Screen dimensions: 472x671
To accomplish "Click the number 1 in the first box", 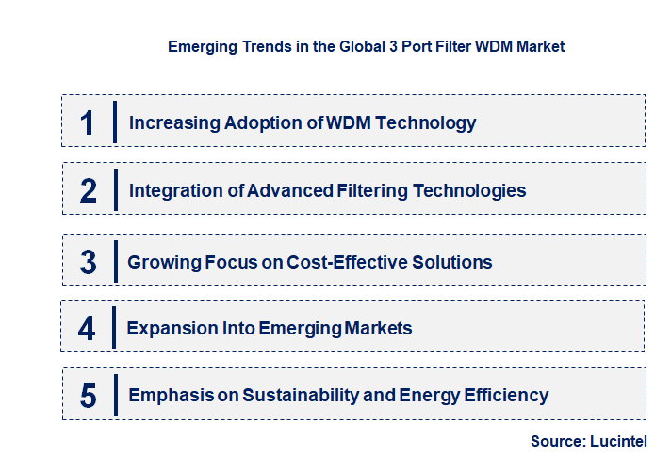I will [x=87, y=122].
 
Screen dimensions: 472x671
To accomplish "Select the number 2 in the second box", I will [x=88, y=190].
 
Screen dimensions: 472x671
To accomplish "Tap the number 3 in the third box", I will [x=88, y=262].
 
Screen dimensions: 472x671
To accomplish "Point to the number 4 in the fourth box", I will [x=87, y=329].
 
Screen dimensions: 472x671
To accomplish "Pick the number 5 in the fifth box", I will [x=88, y=396].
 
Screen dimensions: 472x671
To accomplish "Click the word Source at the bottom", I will [x=556, y=441].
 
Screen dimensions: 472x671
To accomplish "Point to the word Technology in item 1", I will [x=429, y=122].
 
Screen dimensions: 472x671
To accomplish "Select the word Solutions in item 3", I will [x=454, y=262].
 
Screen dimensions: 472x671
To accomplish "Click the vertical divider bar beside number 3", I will [x=114, y=261].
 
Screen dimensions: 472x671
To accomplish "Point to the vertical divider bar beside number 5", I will [x=114, y=395].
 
